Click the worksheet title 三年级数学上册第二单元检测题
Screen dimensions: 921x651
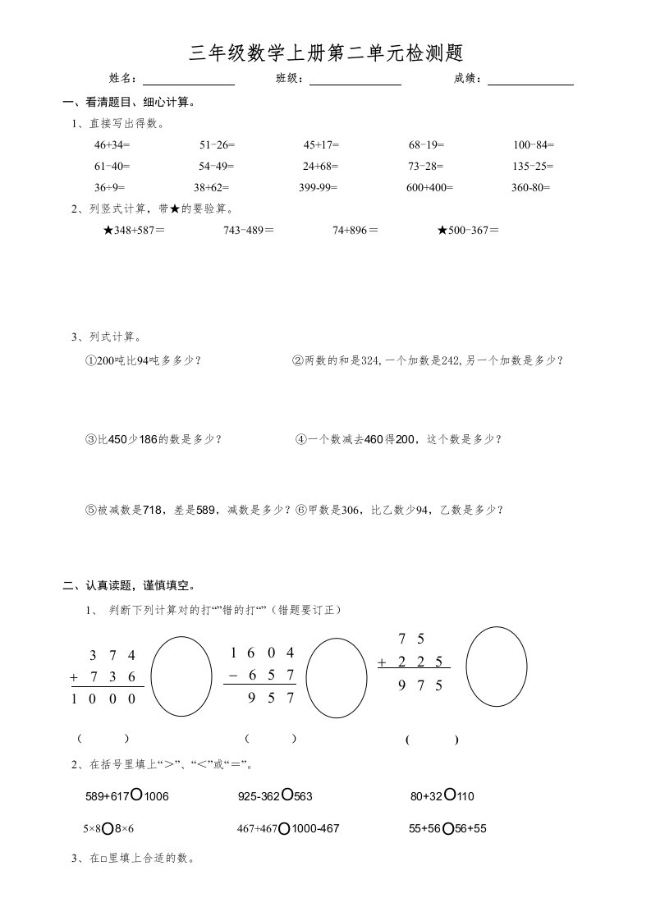(326, 53)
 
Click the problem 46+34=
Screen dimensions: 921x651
(112, 144)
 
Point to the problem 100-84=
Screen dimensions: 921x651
(534, 144)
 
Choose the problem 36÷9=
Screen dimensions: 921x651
(109, 187)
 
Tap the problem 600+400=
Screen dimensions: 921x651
(429, 187)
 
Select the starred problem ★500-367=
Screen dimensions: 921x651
(468, 231)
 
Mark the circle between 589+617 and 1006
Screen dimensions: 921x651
(137, 795)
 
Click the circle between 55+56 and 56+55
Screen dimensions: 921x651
(448, 829)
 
